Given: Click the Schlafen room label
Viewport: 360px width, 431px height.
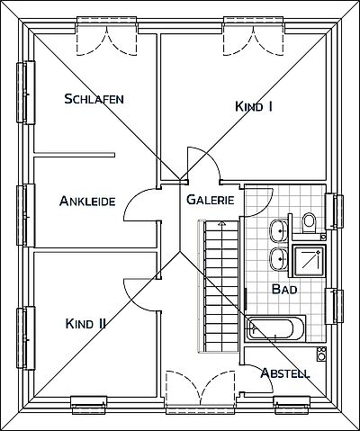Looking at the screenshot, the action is (x=94, y=99).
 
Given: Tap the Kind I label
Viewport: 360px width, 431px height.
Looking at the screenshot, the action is (x=254, y=106).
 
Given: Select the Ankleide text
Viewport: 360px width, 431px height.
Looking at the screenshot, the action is (x=87, y=201).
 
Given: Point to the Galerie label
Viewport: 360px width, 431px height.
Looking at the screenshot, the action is (x=211, y=200).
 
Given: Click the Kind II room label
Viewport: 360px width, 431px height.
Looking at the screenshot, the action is (x=85, y=324).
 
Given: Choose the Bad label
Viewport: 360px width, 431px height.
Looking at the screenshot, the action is (x=284, y=290).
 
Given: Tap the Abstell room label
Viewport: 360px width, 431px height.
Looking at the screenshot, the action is (x=285, y=373).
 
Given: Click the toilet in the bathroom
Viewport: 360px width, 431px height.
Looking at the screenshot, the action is (x=309, y=222).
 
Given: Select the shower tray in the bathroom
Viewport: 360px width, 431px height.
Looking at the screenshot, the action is (x=310, y=260).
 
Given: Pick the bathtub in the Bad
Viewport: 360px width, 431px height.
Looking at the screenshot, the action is (x=275, y=328).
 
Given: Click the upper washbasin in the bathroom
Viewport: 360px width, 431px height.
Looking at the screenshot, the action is (x=279, y=231).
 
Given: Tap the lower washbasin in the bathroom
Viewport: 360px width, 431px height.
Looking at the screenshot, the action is (x=279, y=259).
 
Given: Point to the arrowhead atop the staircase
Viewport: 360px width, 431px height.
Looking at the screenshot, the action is (x=221, y=223).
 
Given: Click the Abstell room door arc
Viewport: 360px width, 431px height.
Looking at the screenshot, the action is (x=264, y=372).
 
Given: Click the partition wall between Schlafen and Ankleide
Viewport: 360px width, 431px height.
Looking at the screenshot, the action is (x=74, y=155).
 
